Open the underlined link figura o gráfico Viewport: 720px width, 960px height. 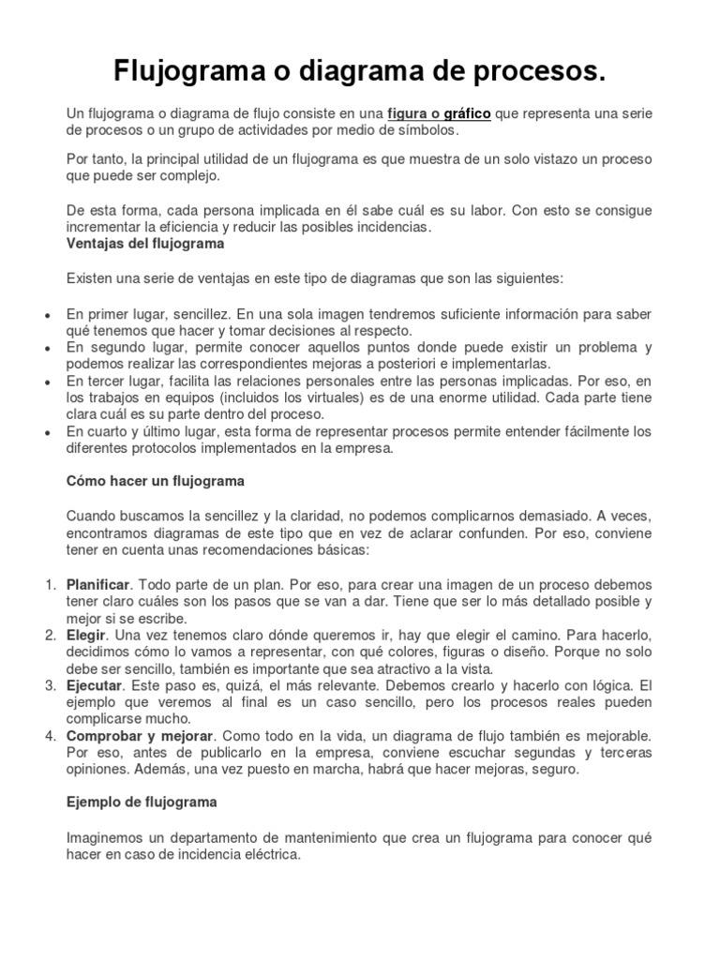(440, 113)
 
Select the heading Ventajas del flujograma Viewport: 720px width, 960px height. (144, 244)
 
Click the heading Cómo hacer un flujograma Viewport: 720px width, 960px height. (155, 480)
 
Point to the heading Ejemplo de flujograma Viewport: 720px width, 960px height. (141, 802)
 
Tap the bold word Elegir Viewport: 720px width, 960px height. (85, 636)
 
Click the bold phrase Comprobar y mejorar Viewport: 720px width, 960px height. (140, 737)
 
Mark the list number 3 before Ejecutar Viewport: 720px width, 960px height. (51, 686)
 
